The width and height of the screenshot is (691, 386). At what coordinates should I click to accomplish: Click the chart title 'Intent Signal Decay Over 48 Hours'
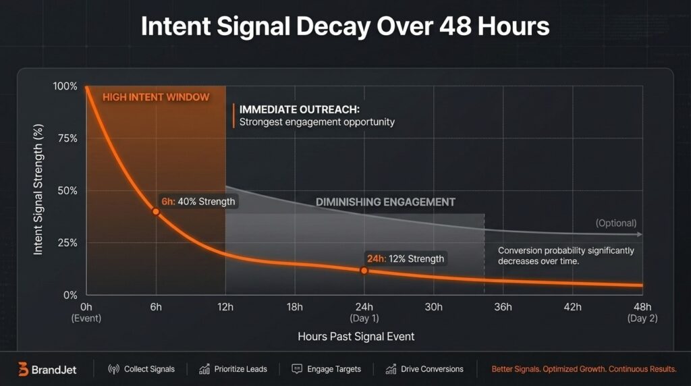[x=345, y=26]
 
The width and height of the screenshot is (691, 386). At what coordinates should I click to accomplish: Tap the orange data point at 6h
[x=156, y=211]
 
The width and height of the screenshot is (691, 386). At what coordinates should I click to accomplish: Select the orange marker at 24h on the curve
[x=364, y=270]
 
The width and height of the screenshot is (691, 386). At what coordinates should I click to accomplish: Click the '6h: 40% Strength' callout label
[x=198, y=202]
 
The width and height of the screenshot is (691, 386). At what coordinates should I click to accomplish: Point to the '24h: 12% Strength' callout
[x=405, y=258]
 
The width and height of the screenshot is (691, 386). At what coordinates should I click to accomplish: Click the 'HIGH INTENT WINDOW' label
[x=156, y=97]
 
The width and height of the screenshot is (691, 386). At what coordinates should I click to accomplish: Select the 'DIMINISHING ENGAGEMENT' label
[x=385, y=202]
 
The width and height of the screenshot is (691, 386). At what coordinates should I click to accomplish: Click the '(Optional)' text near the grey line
[x=615, y=223]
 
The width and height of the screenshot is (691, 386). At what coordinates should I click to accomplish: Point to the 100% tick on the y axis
[x=65, y=86]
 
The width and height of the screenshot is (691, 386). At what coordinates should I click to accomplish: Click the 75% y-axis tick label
[x=67, y=138]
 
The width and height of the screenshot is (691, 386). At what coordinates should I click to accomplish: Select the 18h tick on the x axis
[x=294, y=307]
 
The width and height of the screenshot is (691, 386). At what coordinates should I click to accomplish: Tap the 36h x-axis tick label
[x=503, y=307]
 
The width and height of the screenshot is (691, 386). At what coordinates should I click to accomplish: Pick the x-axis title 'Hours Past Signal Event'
[x=356, y=336]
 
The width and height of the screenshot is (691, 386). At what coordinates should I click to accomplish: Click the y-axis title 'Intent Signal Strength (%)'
[x=38, y=191]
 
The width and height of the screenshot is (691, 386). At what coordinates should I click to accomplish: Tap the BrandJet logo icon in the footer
[x=23, y=369]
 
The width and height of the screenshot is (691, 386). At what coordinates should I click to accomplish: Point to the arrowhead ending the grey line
[x=639, y=234]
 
